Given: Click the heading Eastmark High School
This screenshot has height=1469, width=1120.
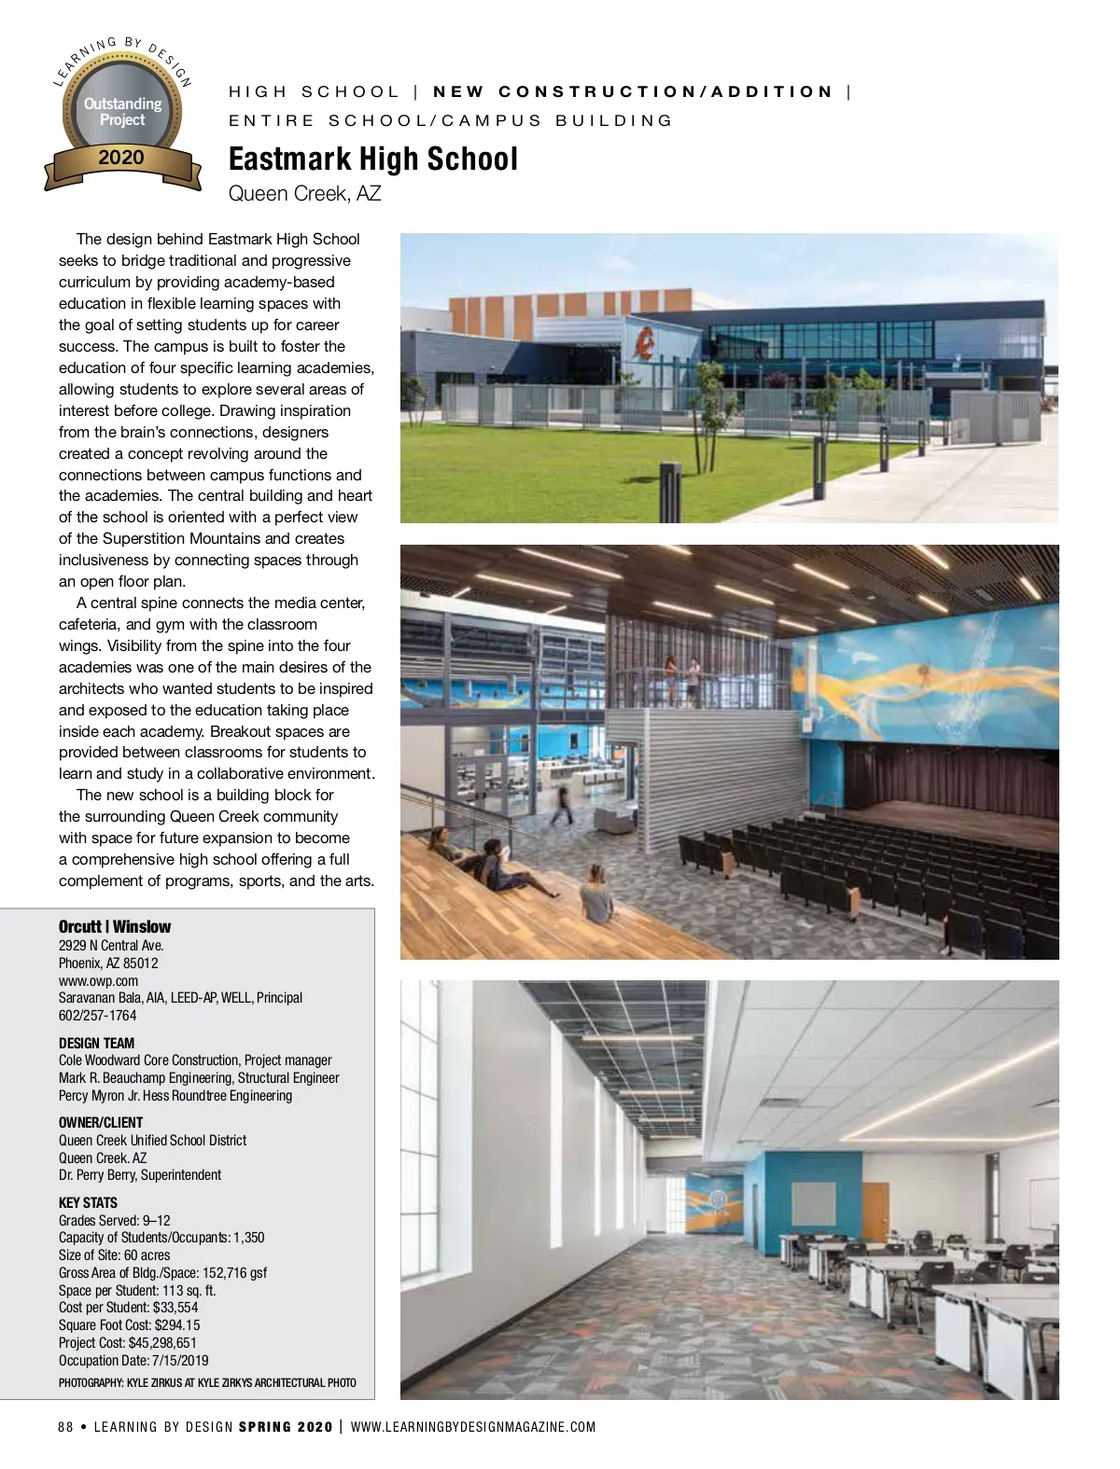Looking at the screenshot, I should tap(372, 159).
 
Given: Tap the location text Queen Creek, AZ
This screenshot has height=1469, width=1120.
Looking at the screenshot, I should tap(304, 194).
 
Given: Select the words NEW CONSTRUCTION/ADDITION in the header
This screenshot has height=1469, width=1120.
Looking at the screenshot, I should tap(633, 91).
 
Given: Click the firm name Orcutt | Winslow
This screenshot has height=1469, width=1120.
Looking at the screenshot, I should tap(115, 926).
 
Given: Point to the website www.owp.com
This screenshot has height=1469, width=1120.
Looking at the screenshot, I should tap(98, 980).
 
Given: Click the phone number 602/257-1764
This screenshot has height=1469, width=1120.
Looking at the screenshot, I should tap(97, 1015).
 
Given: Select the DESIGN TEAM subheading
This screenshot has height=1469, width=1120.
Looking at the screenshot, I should tap(96, 1043).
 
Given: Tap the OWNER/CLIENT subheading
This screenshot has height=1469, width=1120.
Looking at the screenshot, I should tap(101, 1122).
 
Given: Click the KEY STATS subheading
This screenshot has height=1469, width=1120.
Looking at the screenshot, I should tap(88, 1202).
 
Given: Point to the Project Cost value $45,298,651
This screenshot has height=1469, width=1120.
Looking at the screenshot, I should tap(162, 1342).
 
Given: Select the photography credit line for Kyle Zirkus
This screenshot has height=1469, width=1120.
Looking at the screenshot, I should tap(207, 1382).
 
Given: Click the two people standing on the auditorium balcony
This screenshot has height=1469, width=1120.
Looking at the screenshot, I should tap(682, 680).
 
